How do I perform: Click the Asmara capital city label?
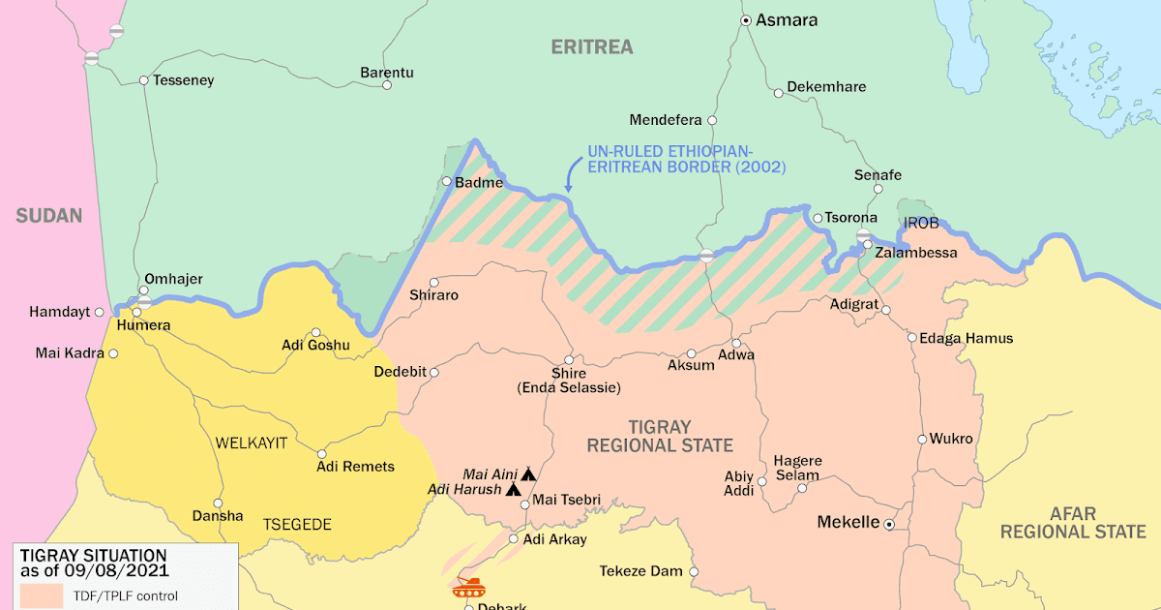coord(787,19)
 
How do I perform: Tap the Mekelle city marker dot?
coord(889,524)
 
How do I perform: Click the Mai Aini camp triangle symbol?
coord(528,474)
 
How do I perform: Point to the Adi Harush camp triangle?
coord(513,490)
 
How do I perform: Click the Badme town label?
coord(480,182)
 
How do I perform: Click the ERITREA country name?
coord(591,46)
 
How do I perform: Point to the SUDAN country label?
coord(48,215)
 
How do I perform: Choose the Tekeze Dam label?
coord(640,571)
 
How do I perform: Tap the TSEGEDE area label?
coord(297,525)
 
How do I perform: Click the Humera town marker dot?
coord(136,312)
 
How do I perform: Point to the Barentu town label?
coord(386,73)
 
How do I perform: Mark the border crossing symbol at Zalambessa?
coord(864,235)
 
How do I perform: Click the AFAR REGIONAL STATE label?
coord(1073,523)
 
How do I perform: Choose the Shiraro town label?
coord(433,294)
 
